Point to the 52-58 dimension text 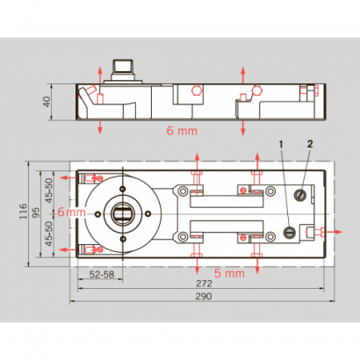tap(102, 275)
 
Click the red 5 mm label tap(228, 274)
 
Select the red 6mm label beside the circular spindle tap(70, 213)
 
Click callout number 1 tap(282, 143)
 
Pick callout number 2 tap(310, 142)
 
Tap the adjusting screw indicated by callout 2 tap(301, 194)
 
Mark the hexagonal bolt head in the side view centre tap(194, 90)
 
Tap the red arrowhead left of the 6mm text tap(54, 213)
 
